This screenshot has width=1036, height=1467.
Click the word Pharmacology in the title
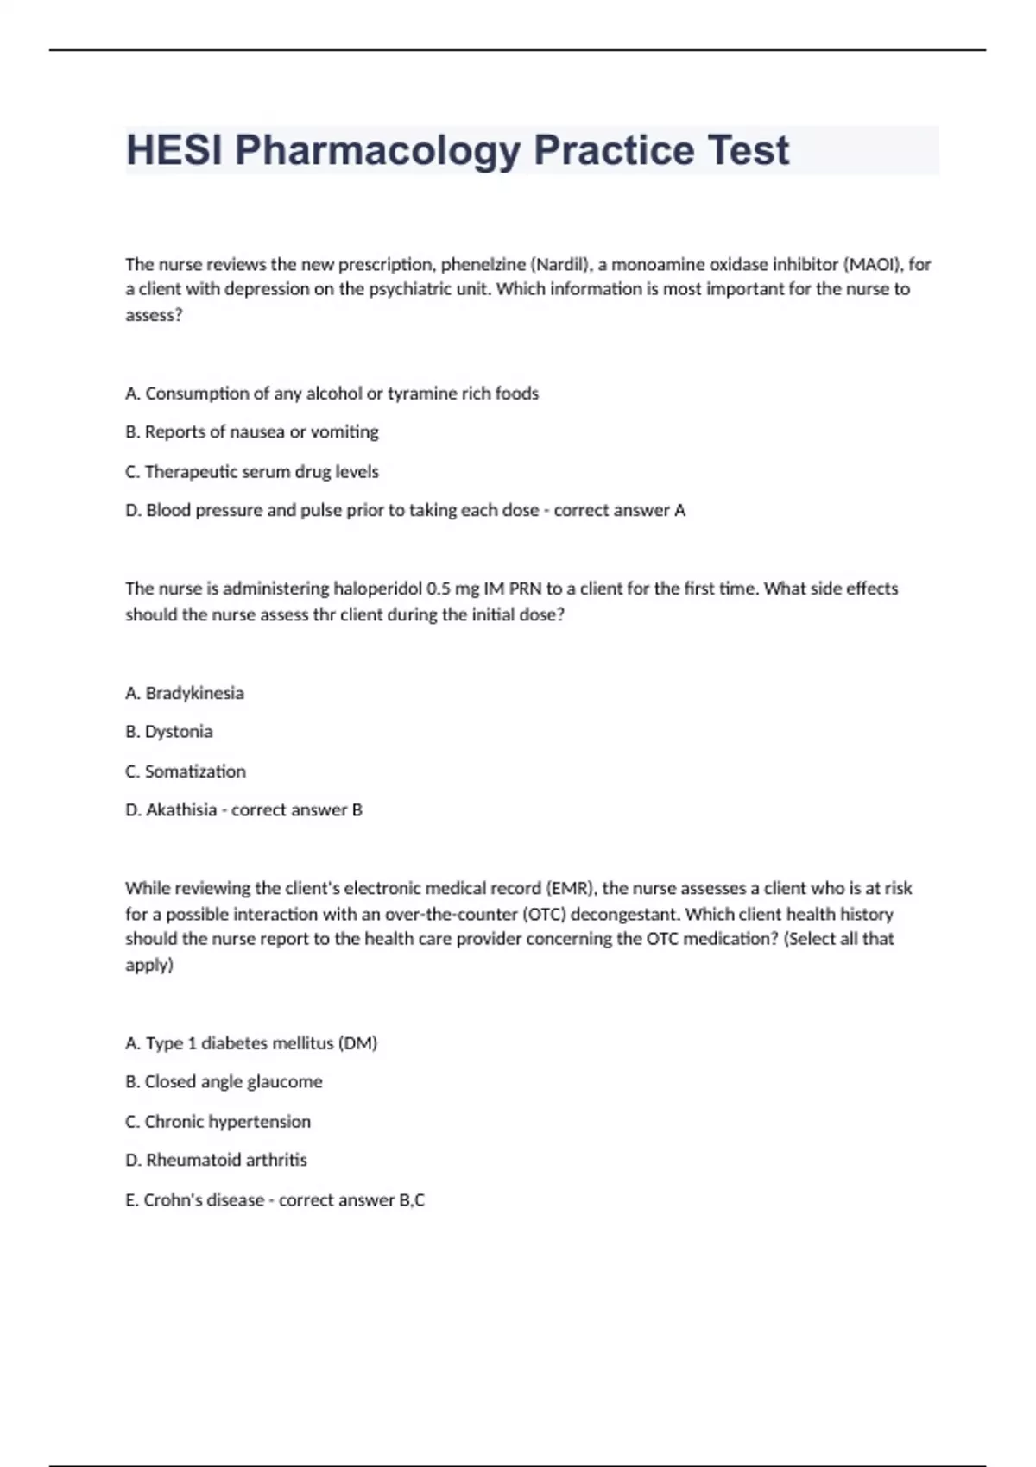[x=377, y=151]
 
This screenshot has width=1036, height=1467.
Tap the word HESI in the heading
[x=174, y=151]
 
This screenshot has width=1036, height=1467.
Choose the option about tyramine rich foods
[x=332, y=394]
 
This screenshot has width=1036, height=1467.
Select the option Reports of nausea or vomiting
[x=252, y=431]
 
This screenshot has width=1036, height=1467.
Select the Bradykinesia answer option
[x=185, y=693]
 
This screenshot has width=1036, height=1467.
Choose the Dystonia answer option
[x=169, y=732]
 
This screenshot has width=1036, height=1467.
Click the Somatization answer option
[x=186, y=771]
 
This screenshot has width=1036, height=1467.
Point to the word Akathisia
[x=181, y=809]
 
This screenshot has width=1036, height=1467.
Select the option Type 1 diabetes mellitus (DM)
[x=251, y=1043]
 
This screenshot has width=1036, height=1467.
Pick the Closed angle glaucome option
[x=224, y=1082]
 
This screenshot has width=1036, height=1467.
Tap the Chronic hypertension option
[x=218, y=1122]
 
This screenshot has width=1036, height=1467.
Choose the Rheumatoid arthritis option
[x=216, y=1160]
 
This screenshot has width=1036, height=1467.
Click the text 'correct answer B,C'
[x=351, y=1199]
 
